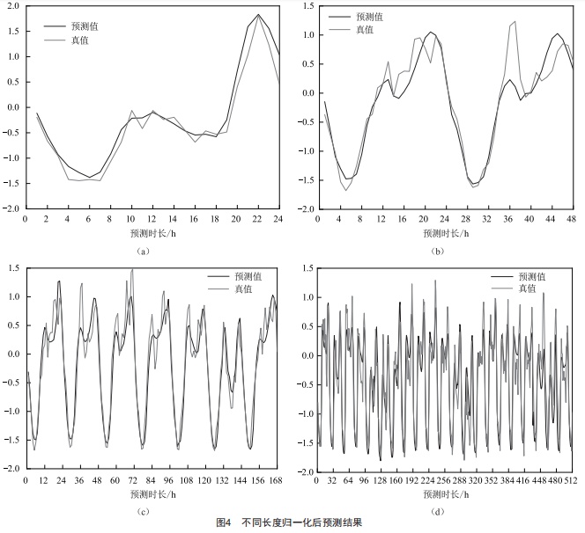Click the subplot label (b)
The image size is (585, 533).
(x=438, y=251)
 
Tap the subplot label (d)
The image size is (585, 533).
(x=438, y=510)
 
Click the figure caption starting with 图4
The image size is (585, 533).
(x=292, y=523)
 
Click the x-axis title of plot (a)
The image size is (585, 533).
(x=152, y=235)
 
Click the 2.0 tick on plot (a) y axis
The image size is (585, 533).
(x=12, y=7)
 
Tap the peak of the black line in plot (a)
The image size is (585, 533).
(x=258, y=15)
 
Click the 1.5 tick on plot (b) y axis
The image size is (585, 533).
(x=307, y=7)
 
